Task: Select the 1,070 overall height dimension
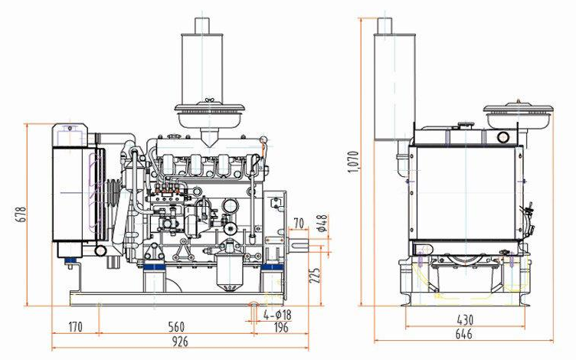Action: pyautogui.click(x=353, y=161)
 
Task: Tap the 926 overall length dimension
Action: pyautogui.click(x=181, y=341)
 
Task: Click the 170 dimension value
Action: pyautogui.click(x=75, y=327)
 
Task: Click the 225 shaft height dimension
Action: pyautogui.click(x=313, y=274)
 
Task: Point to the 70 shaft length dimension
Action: pyautogui.click(x=299, y=224)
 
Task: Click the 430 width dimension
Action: pyautogui.click(x=464, y=320)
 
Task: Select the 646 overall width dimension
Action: pyautogui.click(x=464, y=335)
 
